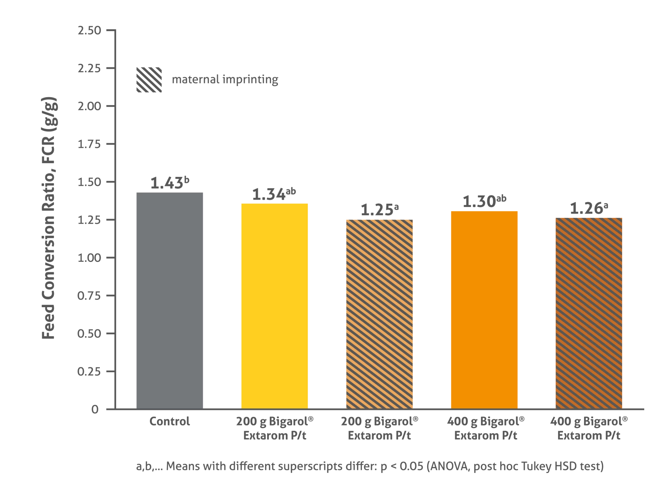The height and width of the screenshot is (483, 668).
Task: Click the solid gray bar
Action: tap(169, 299)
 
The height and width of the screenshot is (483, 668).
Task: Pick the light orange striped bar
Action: tap(379, 313)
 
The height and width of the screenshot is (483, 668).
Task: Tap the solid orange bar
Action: tap(484, 309)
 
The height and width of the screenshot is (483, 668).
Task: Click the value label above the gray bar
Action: tap(169, 183)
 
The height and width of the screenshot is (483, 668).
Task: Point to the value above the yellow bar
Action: tap(275, 194)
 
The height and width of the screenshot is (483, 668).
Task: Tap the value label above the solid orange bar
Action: tap(484, 202)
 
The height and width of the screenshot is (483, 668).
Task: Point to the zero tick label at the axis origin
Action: tap(96, 410)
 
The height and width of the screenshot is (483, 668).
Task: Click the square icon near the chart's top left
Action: tap(148, 80)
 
